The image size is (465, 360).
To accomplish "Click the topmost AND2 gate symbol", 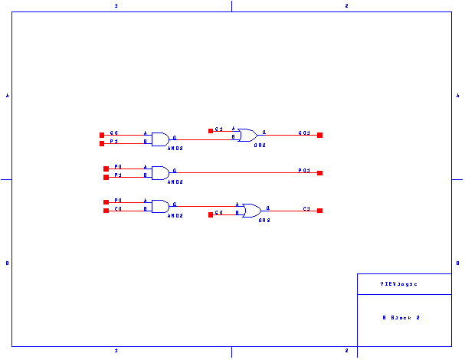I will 160,139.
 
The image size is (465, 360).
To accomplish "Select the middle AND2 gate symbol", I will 160,173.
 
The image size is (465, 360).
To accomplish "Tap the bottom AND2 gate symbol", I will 160,206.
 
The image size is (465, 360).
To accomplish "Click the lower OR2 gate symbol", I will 252,211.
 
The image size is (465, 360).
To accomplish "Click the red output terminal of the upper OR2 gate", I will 319,135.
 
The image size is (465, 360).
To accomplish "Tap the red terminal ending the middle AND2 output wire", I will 319,173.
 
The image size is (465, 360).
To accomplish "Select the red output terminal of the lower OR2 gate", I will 319,210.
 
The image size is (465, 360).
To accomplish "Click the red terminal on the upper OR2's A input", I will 211,131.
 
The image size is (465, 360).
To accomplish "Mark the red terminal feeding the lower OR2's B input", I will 211,215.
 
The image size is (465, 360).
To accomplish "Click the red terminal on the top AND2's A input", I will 101,135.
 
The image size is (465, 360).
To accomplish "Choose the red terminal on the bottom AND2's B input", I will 106,210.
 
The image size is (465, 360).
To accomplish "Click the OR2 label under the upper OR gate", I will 260,145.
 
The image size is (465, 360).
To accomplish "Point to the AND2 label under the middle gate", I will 175,182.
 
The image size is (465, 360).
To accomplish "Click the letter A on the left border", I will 8,96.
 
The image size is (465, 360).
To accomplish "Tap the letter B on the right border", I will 458,263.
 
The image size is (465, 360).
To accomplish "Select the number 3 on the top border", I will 116,5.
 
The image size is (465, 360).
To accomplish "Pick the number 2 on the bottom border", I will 346,351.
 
